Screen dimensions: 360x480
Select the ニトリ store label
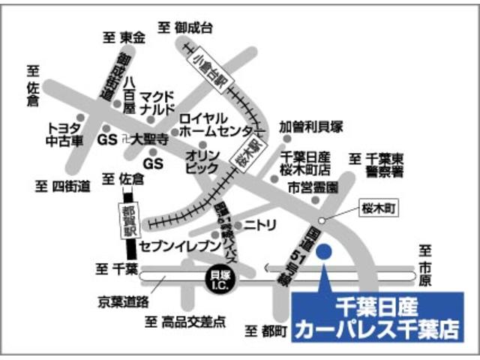click(261, 223)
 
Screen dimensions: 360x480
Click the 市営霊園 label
click(310, 184)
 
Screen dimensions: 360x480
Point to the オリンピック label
click(202, 160)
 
